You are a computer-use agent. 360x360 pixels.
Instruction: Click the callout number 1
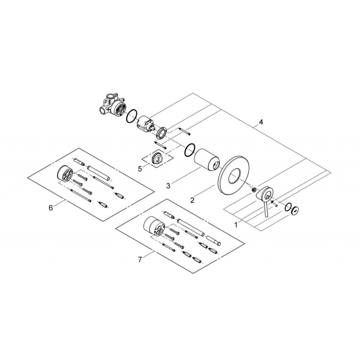point(236,225)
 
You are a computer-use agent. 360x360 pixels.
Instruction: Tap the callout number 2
point(192,200)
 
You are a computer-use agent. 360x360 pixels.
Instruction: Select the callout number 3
point(168,186)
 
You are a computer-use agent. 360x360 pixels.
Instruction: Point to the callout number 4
point(261,122)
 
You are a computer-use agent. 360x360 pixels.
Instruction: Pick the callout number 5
point(140,169)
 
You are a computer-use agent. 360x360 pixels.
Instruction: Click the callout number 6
point(50,207)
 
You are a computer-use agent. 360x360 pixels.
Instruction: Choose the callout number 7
point(140,260)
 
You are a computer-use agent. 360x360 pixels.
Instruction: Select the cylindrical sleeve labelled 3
point(207,160)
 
